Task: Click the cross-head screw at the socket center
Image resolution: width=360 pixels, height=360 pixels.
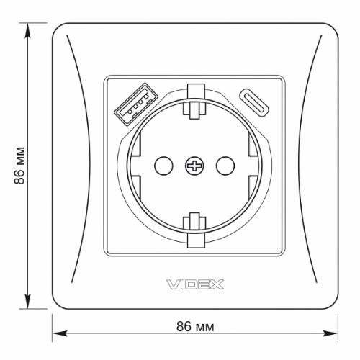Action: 193,166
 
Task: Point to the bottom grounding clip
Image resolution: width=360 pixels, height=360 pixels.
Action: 193,229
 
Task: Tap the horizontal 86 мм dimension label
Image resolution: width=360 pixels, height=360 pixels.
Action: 194,326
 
